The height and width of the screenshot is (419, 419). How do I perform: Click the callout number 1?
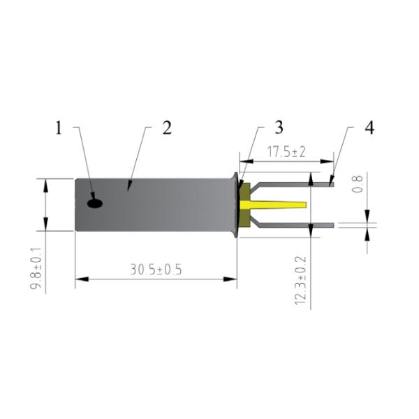point(59,128)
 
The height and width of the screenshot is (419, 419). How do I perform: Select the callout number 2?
point(166,128)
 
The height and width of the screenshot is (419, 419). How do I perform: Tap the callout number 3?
point(279,128)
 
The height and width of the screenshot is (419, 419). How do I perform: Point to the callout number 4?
point(369,128)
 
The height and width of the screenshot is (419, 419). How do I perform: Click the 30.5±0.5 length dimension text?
point(155,270)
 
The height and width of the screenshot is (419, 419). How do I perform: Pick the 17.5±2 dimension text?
point(286,152)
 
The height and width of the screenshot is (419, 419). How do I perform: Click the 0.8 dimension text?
point(358,183)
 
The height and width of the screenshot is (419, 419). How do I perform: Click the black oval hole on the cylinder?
point(94,203)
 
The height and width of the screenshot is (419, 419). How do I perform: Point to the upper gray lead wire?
point(293,185)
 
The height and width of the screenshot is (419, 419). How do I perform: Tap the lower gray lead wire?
point(293,224)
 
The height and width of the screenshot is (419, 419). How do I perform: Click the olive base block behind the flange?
point(244,205)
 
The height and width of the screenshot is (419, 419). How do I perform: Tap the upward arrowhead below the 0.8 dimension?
point(367,230)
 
